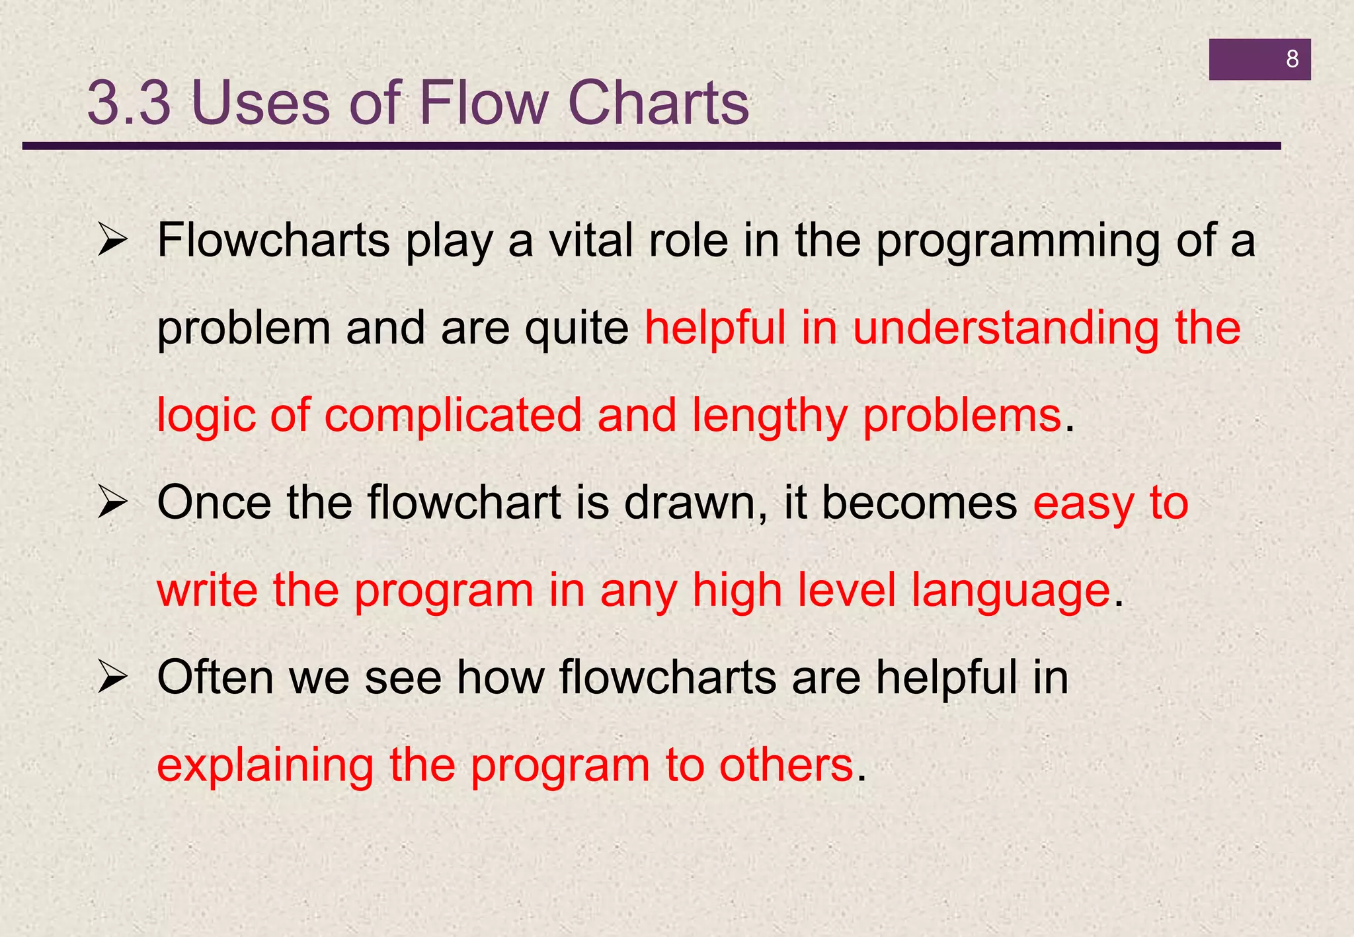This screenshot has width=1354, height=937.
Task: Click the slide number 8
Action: click(1292, 59)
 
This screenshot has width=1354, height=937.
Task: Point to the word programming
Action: click(1017, 242)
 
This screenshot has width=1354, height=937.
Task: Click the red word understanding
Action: click(1005, 328)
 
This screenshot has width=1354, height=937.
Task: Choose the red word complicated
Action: click(453, 416)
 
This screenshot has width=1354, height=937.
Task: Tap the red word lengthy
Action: click(770, 416)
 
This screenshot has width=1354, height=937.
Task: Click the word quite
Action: click(577, 330)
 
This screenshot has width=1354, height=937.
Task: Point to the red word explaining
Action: click(265, 767)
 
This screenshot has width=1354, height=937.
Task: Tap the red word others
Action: click(786, 765)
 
